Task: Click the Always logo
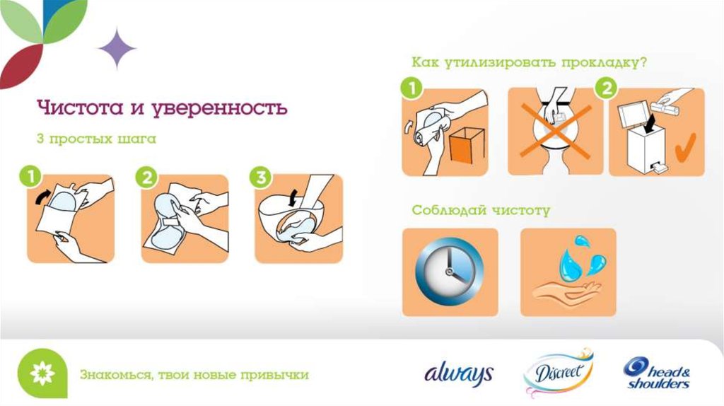tap(458, 373)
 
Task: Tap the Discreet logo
tap(558, 372)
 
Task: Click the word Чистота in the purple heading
tap(80, 107)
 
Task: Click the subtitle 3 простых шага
tap(96, 139)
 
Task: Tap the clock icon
tap(449, 272)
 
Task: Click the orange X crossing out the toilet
tap(556, 131)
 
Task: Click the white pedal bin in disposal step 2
tap(643, 146)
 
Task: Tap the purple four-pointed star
tap(117, 49)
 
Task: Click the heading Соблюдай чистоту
tap(481, 211)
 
